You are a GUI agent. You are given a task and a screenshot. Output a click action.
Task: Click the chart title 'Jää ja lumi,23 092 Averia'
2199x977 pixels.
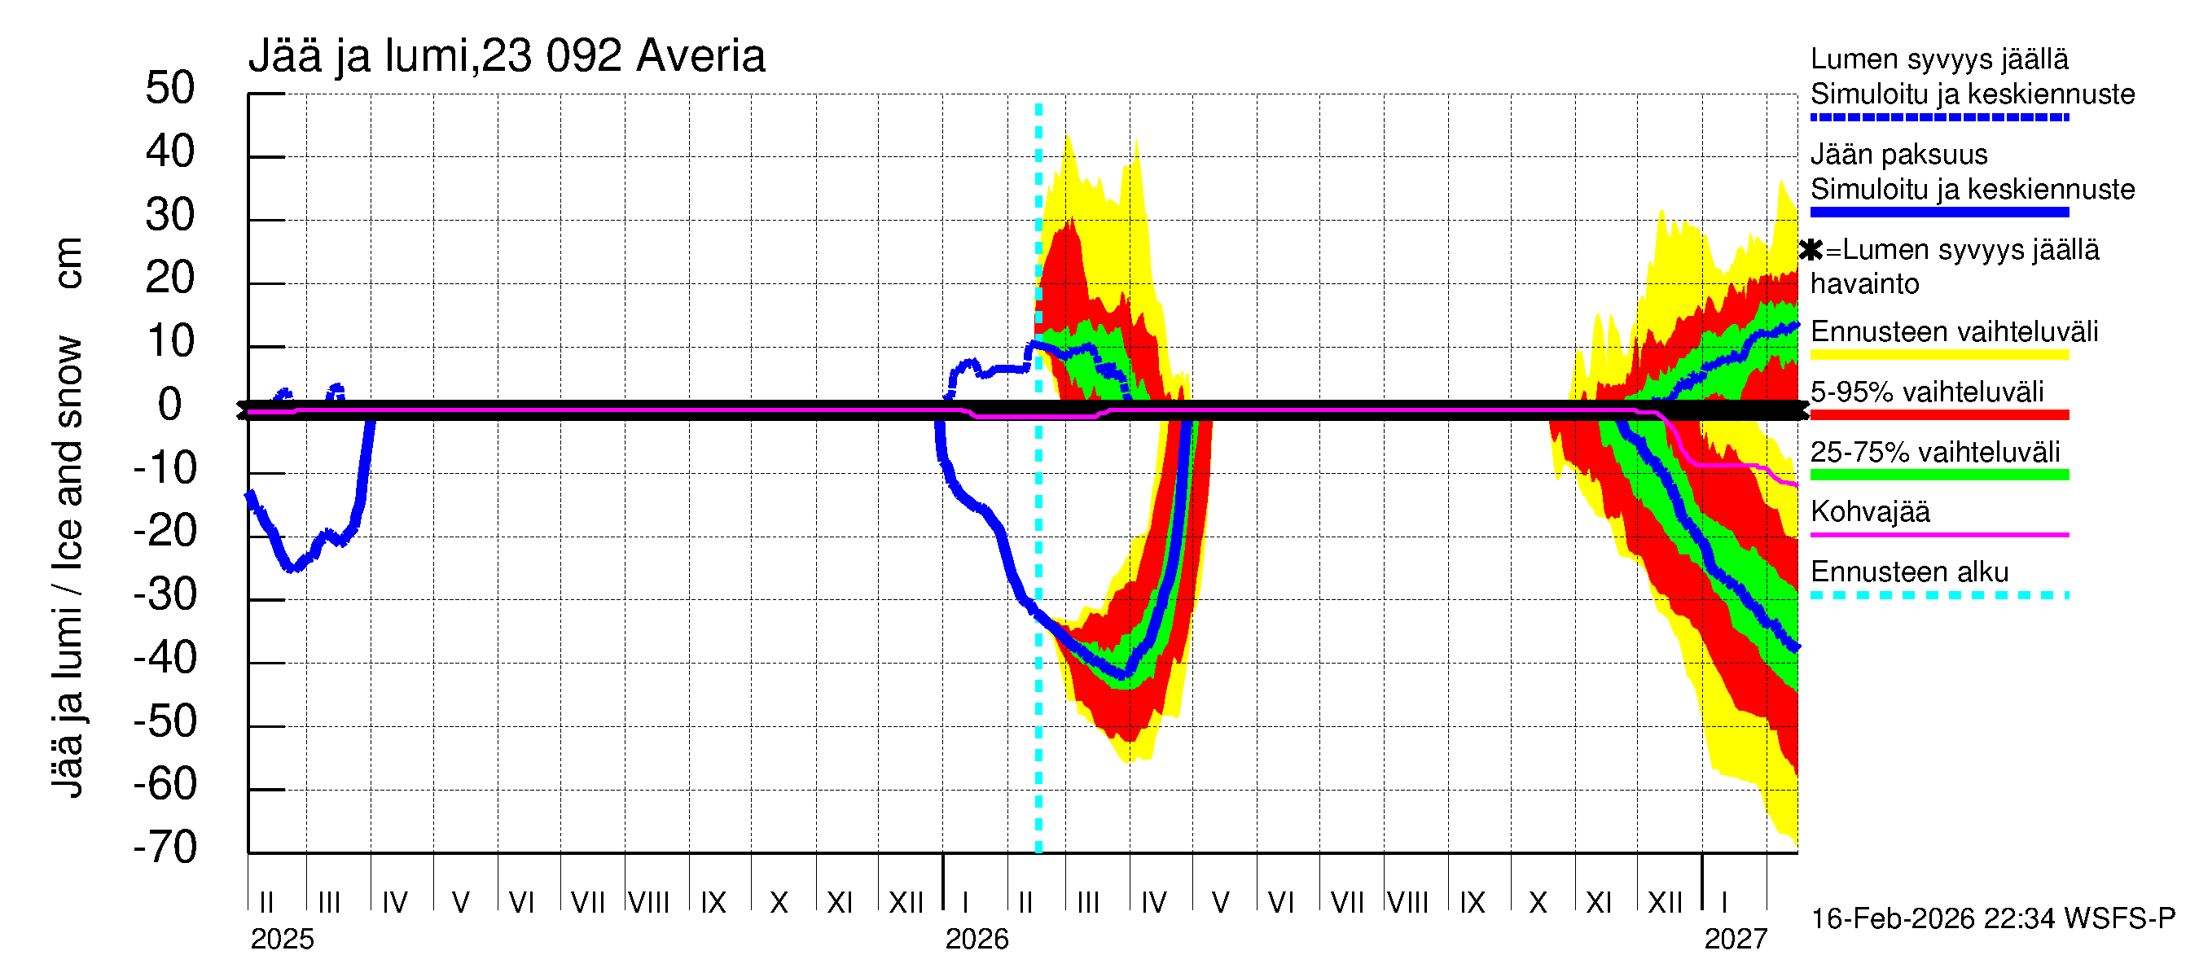pyautogui.click(x=507, y=56)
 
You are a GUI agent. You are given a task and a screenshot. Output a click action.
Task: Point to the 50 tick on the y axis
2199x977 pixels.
pyautogui.click(x=170, y=89)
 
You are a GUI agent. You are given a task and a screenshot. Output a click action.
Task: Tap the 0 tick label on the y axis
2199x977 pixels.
pyautogui.click(x=170, y=405)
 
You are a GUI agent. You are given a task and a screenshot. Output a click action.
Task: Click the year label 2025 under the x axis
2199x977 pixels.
pyautogui.click(x=282, y=940)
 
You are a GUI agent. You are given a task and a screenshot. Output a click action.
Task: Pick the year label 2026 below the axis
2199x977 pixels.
pyautogui.click(x=977, y=940)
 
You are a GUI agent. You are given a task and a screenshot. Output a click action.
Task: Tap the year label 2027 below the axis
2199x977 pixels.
pyautogui.click(x=1736, y=940)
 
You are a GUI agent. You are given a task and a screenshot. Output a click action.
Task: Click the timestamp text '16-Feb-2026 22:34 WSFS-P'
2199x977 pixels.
pyautogui.click(x=1993, y=919)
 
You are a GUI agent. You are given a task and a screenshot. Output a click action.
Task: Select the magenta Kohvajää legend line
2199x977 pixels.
pyautogui.click(x=1938, y=535)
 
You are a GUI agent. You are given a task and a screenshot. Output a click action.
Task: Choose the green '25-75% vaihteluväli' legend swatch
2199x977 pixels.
pyautogui.click(x=1938, y=475)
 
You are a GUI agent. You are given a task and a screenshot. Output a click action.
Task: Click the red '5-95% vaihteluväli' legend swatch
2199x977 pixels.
pyautogui.click(x=1938, y=415)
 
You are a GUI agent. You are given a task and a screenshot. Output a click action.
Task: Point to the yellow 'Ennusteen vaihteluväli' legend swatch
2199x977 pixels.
pyautogui.click(x=1938, y=355)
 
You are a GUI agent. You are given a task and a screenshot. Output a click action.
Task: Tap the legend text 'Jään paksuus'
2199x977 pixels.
pyautogui.click(x=1898, y=155)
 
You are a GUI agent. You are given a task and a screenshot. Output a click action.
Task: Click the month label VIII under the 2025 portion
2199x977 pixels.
pyautogui.click(x=649, y=903)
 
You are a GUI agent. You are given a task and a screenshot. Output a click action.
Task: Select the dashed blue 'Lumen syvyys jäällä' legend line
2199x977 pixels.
pyautogui.click(x=1938, y=118)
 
